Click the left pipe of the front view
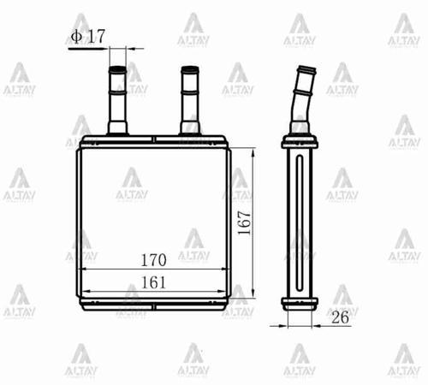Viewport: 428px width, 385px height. point(117,98)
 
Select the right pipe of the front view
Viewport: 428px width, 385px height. point(189,98)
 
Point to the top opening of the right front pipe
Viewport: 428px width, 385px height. point(189,68)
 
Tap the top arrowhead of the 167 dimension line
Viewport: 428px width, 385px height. point(253,151)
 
